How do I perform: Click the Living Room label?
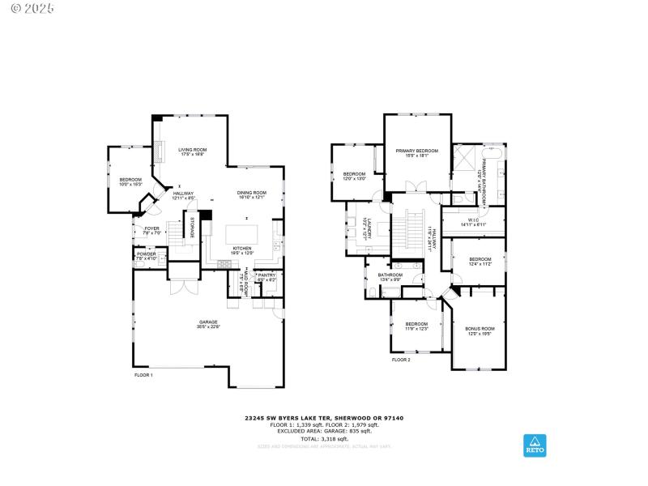193,151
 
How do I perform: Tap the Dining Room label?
251,194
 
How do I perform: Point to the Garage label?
208,325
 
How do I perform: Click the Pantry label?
266,277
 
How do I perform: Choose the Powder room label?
146,256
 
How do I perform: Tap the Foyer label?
151,230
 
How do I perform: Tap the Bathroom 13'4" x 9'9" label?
390,277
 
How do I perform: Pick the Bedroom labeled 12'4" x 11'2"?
480,261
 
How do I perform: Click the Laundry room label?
367,228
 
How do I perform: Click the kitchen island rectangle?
242,234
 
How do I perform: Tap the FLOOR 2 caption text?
401,360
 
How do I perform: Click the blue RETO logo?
535,445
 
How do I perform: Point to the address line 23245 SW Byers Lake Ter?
324,419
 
